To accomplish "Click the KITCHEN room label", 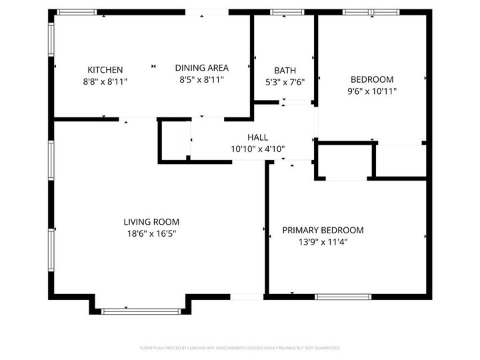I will (105, 69).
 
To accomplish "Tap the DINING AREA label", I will (201, 67).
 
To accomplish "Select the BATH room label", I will (285, 70).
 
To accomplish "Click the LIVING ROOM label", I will (151, 222).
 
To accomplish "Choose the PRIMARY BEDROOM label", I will (323, 230).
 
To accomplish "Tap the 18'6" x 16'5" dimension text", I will (151, 233).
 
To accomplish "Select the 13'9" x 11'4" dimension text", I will (323, 242).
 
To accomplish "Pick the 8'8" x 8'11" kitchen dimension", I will (105, 81).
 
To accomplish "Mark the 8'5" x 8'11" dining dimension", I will (201, 79).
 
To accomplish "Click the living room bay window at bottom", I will (141, 311).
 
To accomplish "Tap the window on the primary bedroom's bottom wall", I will (343, 296).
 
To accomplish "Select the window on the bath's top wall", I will (287, 12).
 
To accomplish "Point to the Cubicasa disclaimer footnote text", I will (240, 347).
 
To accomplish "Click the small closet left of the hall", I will (175, 141).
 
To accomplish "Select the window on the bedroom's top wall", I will (371, 12).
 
